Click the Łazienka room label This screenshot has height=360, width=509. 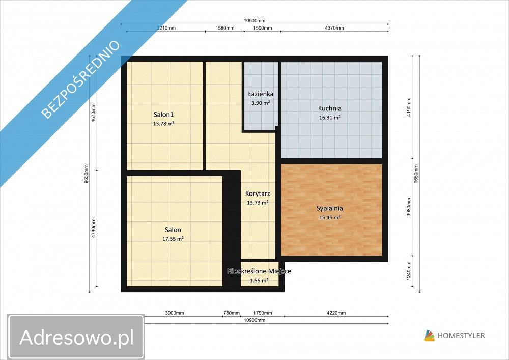pyautogui.click(x=261, y=94)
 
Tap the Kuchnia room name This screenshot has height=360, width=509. pyautogui.click(x=329, y=108)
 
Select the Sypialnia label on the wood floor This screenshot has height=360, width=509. pyautogui.click(x=329, y=208)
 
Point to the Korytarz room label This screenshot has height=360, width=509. pyautogui.click(x=257, y=193)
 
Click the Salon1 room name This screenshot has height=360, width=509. pyautogui.click(x=164, y=114)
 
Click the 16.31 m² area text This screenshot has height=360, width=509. pyautogui.click(x=330, y=117)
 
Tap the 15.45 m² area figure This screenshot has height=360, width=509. pyautogui.click(x=330, y=217)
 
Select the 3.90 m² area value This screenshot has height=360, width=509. pyautogui.click(x=261, y=103)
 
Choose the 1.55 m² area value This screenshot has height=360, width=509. pyautogui.click(x=259, y=280)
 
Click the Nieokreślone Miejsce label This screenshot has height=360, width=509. pyautogui.click(x=259, y=271)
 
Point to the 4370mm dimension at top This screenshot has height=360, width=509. pyautogui.click(x=333, y=28)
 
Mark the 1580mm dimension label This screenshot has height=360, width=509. pyautogui.click(x=224, y=28)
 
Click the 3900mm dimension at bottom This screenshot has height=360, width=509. pyautogui.click(x=175, y=313)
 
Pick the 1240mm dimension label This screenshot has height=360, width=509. pyautogui.click(x=408, y=275)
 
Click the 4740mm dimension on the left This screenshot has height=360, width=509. pyautogui.click(x=94, y=231)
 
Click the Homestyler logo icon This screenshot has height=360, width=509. pyautogui.click(x=430, y=335)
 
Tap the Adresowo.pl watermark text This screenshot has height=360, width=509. pyautogui.click(x=76, y=337)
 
